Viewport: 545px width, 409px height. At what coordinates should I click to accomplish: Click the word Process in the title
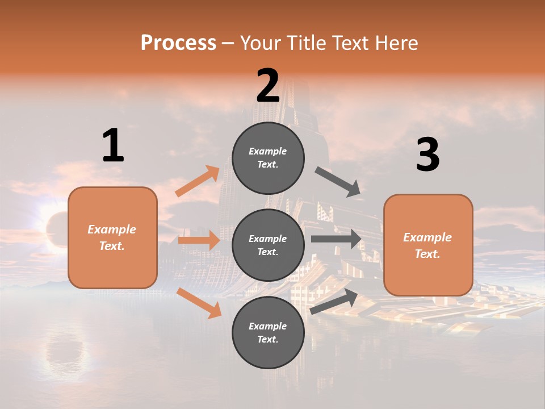[178, 43]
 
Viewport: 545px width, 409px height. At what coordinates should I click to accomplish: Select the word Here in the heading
[395, 43]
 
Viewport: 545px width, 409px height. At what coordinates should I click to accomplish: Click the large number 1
[113, 146]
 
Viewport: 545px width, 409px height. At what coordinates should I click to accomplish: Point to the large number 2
[268, 86]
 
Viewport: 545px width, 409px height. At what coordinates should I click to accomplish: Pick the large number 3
[427, 155]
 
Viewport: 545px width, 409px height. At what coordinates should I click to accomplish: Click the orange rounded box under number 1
[112, 237]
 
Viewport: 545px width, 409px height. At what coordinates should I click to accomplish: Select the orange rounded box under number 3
[428, 245]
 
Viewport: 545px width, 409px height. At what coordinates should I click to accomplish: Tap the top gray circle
[268, 158]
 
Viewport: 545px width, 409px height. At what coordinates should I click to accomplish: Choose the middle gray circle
[268, 245]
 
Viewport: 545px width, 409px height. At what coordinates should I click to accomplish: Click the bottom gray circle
[268, 332]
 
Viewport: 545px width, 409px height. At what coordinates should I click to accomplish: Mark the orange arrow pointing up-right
[198, 181]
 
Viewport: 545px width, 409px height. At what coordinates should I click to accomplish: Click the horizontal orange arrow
[199, 240]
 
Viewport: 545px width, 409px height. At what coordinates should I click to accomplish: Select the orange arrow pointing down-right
[199, 303]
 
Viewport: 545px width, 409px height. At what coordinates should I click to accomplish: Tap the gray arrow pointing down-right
[338, 182]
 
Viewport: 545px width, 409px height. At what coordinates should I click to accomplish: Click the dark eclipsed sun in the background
[57, 227]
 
